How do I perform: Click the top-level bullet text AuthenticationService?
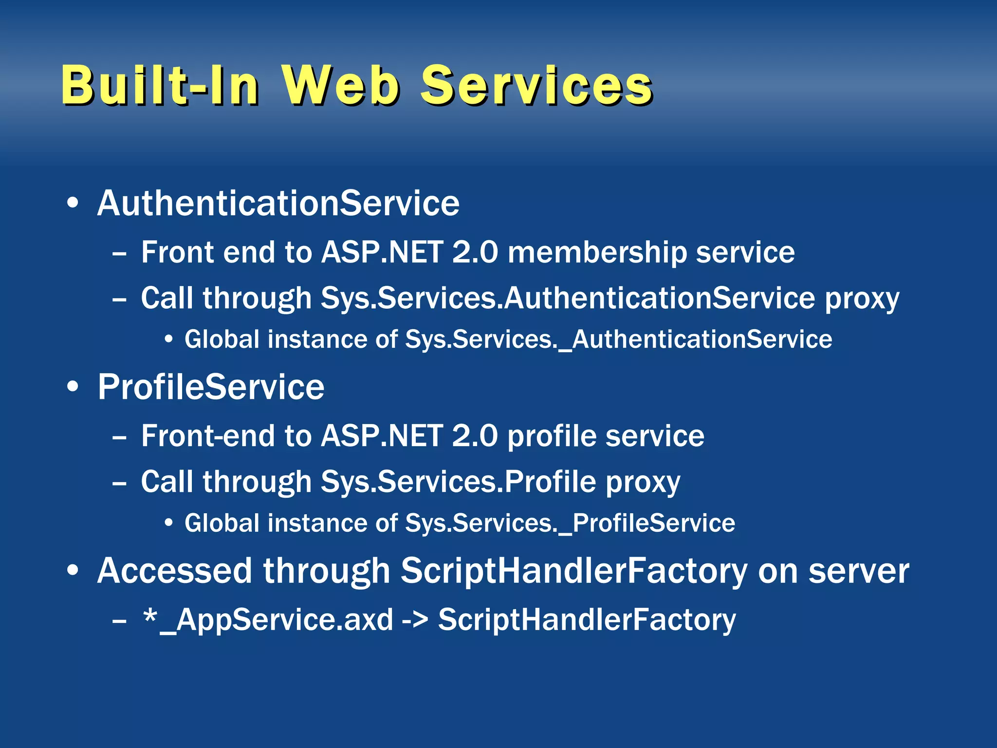coord(278,203)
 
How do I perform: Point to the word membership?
coord(596,253)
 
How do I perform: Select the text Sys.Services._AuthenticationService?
coord(618,339)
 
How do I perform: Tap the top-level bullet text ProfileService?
coord(211,387)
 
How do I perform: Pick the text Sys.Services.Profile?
coord(458,482)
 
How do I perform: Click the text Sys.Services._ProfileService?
coord(570,524)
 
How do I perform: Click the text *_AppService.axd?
coord(268,619)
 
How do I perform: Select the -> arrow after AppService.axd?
coord(415,620)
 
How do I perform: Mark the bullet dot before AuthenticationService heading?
coord(73,204)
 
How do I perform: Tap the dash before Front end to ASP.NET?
coord(119,254)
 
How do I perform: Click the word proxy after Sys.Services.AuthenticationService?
coord(862,299)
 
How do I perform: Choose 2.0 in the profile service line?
coord(475,435)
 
